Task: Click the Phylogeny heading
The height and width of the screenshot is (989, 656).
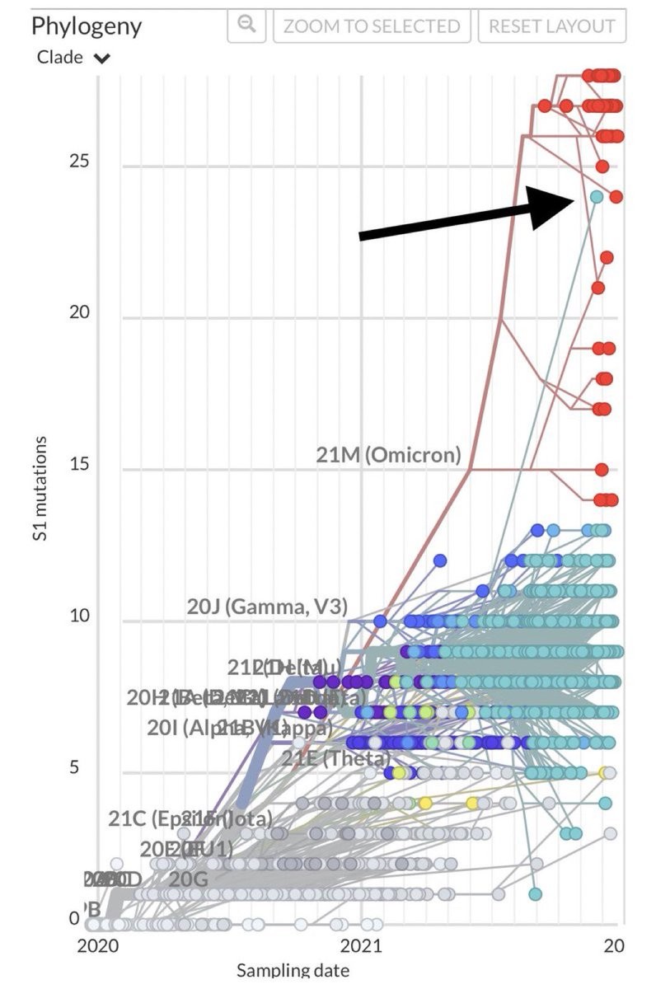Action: tap(87, 26)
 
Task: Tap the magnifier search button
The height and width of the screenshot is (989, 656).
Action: tap(246, 25)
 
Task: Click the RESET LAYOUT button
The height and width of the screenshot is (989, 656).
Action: tap(551, 26)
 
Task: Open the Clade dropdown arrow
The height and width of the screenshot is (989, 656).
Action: tap(102, 59)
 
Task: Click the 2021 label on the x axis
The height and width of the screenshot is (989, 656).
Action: tap(359, 945)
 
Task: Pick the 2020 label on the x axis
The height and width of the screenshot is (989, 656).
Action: tap(98, 945)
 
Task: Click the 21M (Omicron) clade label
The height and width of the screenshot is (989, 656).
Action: tap(388, 455)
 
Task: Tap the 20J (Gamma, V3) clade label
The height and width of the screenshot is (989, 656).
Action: tap(267, 607)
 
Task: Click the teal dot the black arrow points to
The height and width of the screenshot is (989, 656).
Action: tap(596, 197)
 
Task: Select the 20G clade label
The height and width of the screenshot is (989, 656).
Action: tap(189, 879)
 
